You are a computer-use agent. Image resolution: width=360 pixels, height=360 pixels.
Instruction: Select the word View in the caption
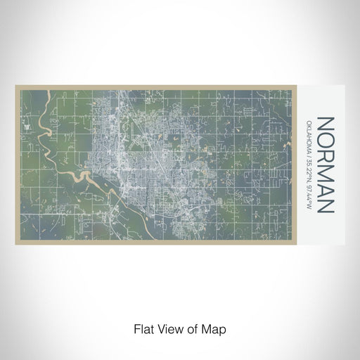(168, 328)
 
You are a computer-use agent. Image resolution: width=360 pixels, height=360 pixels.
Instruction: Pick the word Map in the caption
(217, 328)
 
